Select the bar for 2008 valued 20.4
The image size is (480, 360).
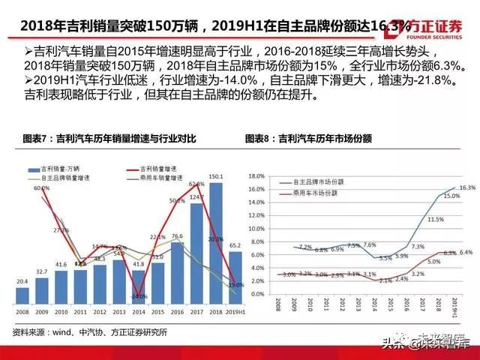click(22, 295)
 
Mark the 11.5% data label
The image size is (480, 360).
click(435, 220)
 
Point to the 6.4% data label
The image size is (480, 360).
click(465, 253)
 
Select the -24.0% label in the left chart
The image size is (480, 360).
click(138, 296)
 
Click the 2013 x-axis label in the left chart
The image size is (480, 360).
click(119, 310)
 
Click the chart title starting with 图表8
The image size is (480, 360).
click(308, 139)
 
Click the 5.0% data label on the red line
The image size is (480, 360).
click(435, 262)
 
